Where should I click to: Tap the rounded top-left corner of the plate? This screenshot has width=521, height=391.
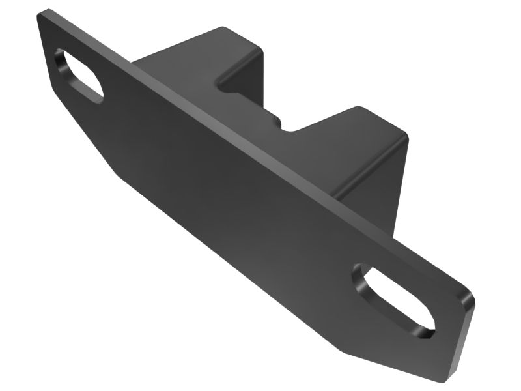coord(44,14)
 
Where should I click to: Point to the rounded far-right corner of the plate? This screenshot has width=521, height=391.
coord(470,293)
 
